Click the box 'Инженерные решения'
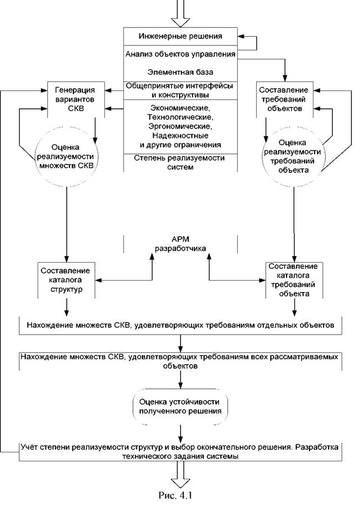(x=180, y=36)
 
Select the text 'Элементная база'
(x=180, y=72)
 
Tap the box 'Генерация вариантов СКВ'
(x=76, y=99)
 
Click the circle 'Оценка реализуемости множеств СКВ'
(x=66, y=157)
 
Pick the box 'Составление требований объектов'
(x=285, y=99)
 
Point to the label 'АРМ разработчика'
(x=180, y=244)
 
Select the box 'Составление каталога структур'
(x=66, y=280)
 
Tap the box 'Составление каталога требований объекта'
(x=294, y=280)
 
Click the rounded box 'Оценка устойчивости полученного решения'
(x=180, y=407)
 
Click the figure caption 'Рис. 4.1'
(x=176, y=496)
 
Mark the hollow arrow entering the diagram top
(x=180, y=13)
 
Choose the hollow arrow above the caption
(x=180, y=474)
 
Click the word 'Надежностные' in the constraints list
(x=180, y=135)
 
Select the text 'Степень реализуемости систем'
(x=180, y=163)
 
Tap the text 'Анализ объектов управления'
(x=180, y=54)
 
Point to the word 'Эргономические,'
(x=180, y=126)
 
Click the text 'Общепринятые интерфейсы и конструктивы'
(x=180, y=90)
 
